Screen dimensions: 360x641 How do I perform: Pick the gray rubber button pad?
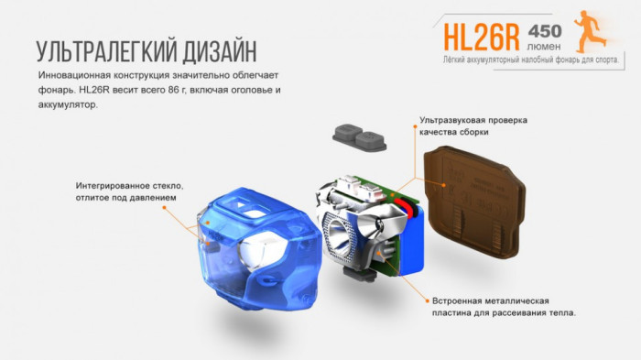coord(360,140)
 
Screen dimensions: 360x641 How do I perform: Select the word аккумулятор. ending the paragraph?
coord(70,105)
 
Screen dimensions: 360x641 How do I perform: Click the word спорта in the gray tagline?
coord(602,60)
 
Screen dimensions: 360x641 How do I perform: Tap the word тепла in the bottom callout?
coord(560,313)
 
